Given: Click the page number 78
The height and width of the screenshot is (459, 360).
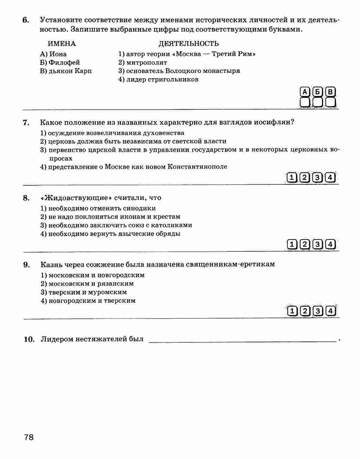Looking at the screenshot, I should [x=29, y=437].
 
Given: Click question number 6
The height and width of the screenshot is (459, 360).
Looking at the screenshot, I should [x=26, y=20].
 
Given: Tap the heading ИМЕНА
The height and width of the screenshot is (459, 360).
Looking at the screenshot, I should [x=62, y=44].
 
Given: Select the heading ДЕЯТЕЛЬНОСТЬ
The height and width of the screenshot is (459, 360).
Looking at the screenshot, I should [x=188, y=44].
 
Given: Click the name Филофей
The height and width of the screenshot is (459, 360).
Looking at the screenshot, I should [x=64, y=62].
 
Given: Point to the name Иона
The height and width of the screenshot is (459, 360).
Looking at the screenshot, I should [x=58, y=54].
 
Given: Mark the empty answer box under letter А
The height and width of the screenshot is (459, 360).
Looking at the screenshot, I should [x=305, y=102].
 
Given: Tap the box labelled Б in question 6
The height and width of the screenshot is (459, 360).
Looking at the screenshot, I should [x=317, y=92].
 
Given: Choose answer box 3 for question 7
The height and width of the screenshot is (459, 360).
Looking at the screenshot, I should [x=317, y=177].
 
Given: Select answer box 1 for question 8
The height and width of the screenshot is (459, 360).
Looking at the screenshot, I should [x=292, y=244].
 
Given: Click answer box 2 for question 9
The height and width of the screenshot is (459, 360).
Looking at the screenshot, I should [x=305, y=311].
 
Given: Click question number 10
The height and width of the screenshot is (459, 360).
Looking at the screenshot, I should [x=29, y=339].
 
